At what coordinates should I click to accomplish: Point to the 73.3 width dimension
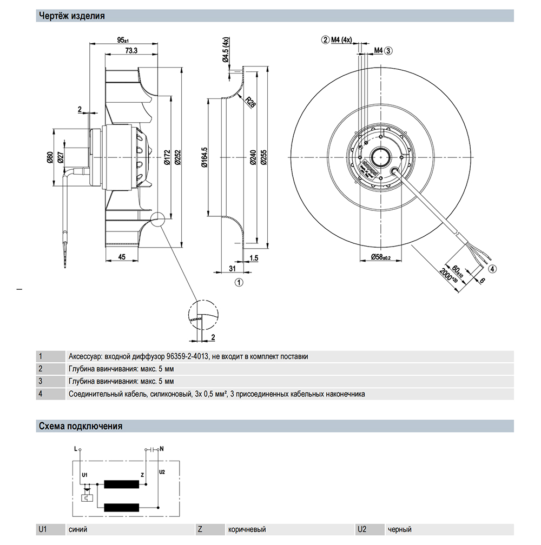pos(130,50)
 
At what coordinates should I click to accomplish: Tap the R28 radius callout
pos(250,102)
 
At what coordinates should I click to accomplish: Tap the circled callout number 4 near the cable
pos(492,268)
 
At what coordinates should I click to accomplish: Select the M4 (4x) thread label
pos(341,39)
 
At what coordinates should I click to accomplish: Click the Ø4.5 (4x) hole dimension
pos(225,52)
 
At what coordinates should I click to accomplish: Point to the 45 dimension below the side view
pos(122,257)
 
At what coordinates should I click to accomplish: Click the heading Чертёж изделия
pos(71,16)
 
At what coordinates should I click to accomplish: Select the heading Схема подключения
pos(80,426)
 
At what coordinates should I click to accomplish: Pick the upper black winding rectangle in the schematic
pos(122,484)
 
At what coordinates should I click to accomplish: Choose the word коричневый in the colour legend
pos(247,530)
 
